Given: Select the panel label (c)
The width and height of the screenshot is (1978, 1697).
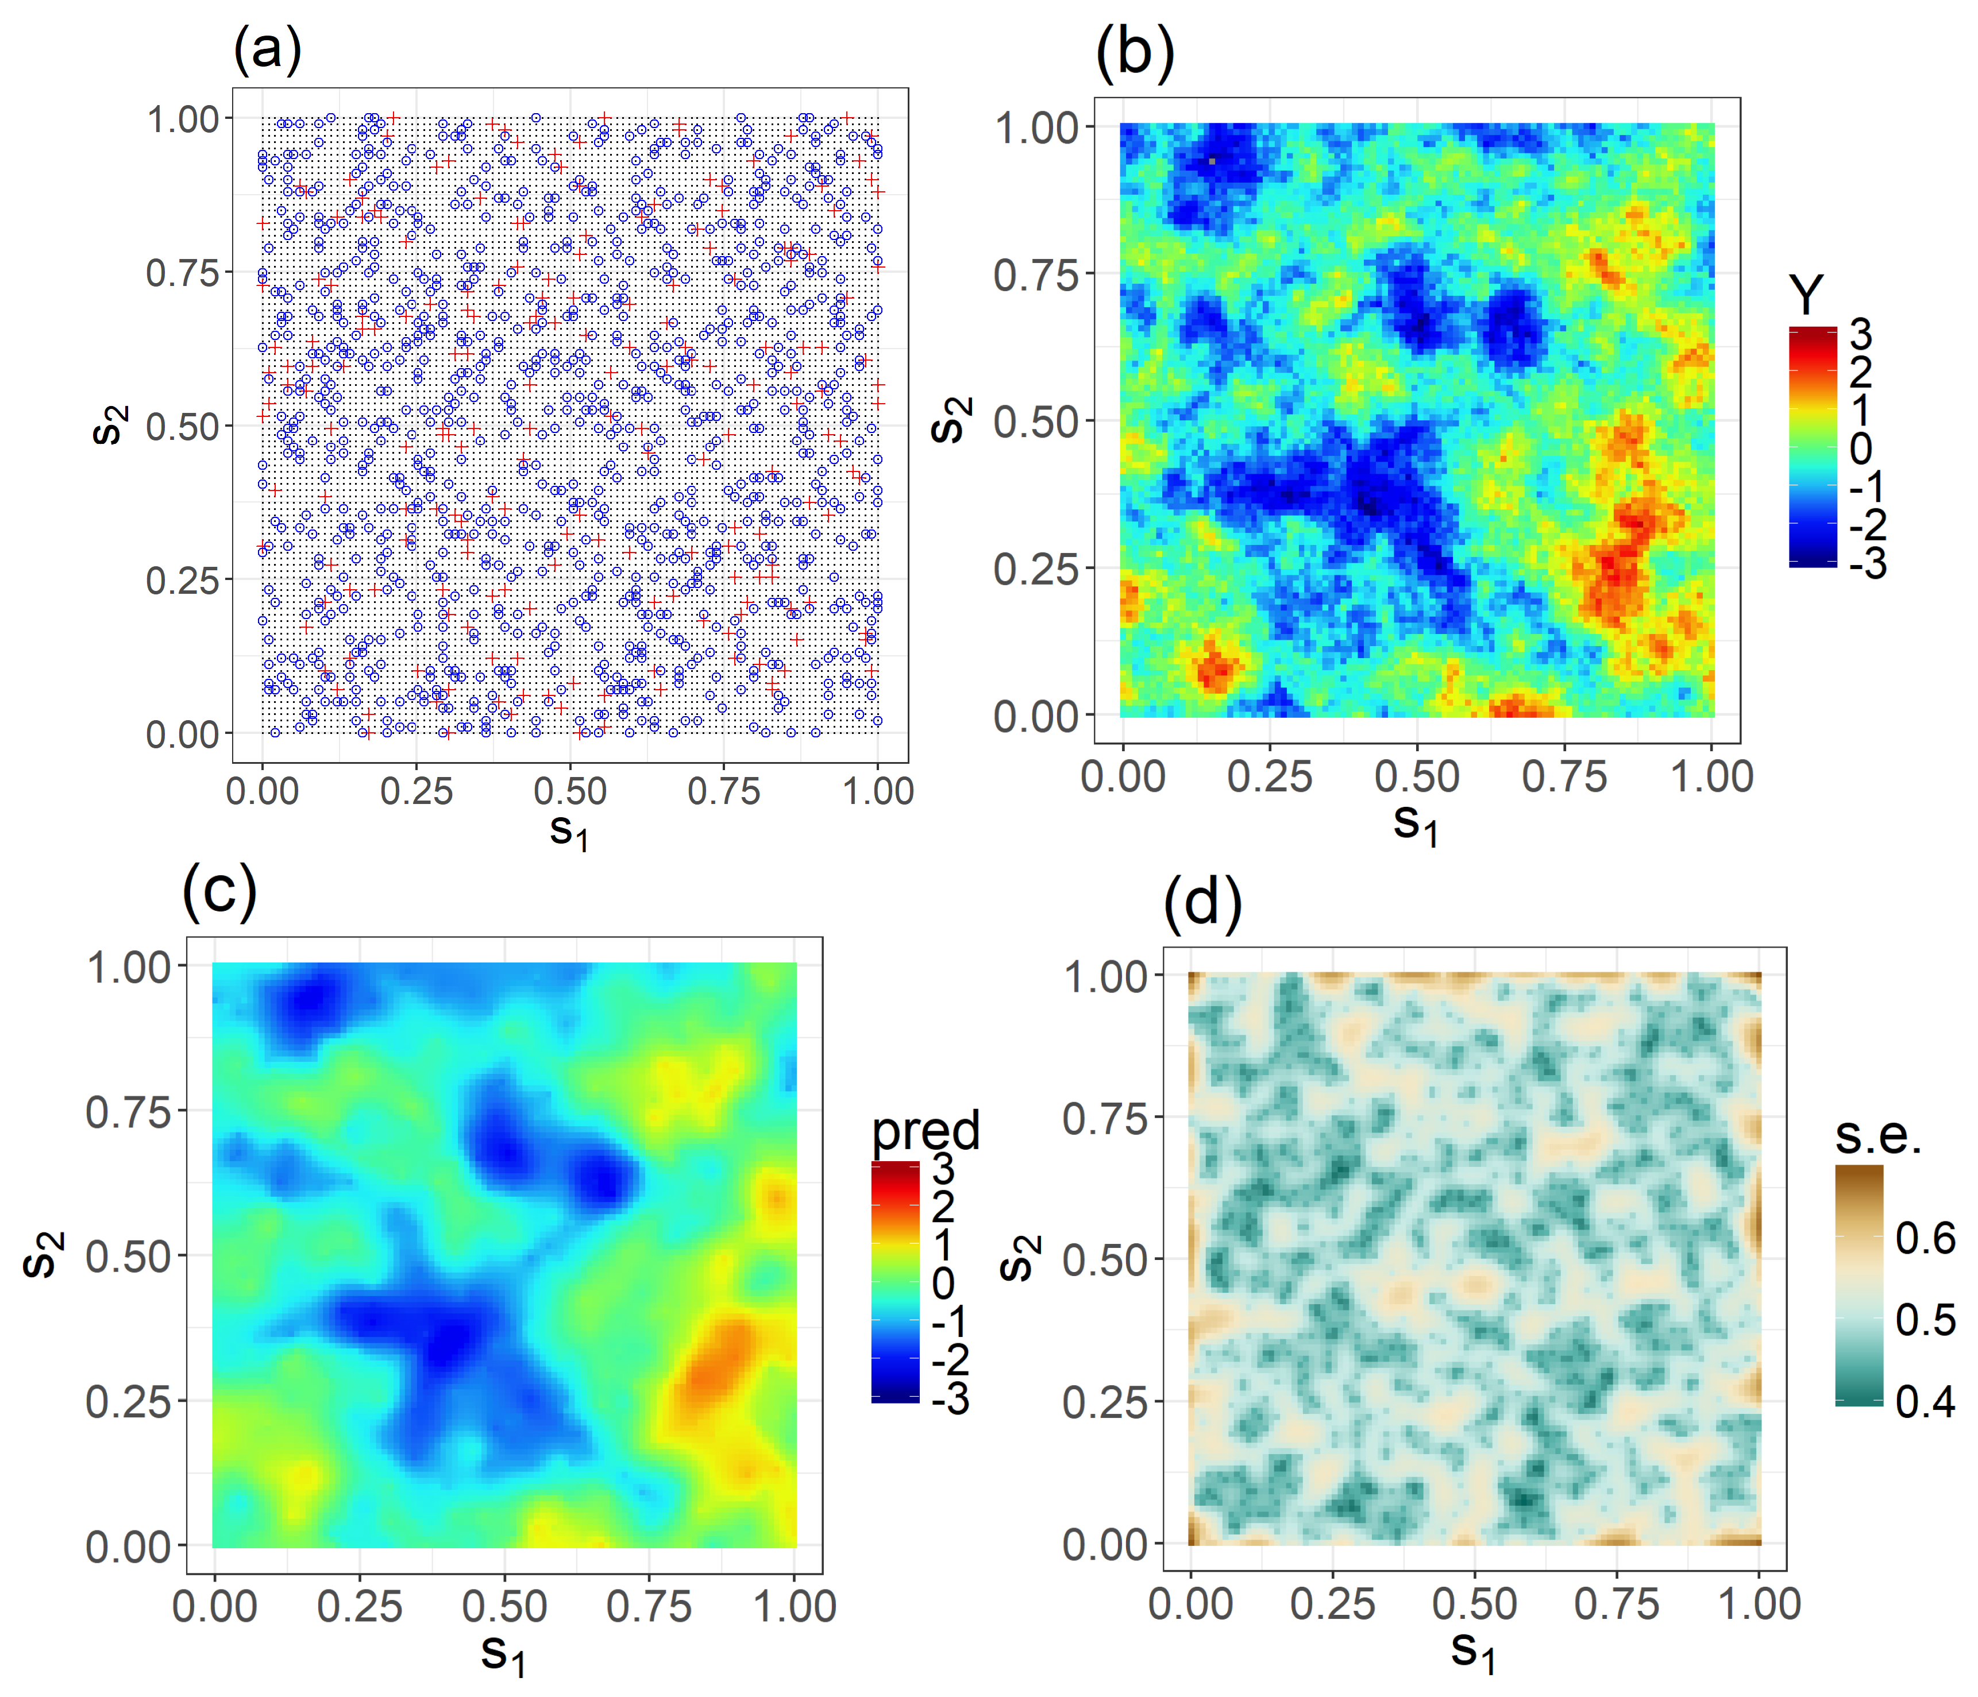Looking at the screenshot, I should coord(219,891).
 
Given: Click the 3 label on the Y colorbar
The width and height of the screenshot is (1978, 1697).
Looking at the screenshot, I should coord(1861,335).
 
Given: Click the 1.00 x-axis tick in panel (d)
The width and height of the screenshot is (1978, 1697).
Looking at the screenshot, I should coord(1759,1603).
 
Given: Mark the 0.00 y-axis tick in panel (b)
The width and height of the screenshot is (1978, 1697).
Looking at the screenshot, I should coord(1036,716).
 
